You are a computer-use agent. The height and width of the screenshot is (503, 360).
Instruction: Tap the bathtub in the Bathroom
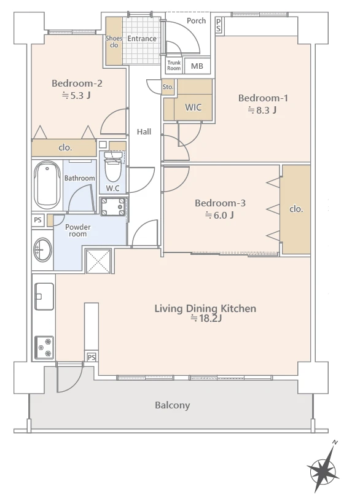point(47,185)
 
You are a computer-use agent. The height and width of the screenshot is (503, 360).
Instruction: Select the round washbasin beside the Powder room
point(42,249)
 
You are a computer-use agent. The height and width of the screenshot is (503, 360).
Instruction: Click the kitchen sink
point(44,296)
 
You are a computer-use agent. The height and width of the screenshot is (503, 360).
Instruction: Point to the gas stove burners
point(44,347)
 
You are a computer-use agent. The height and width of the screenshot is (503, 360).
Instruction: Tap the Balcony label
point(172,405)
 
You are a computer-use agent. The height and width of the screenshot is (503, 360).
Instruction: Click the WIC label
point(193,107)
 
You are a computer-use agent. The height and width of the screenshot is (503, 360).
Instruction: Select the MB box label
point(197,66)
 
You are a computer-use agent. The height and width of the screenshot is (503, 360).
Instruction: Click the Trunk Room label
point(174,66)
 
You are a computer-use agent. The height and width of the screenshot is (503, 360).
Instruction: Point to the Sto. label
point(168,87)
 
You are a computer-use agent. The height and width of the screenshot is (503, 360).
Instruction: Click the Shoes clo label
point(114,42)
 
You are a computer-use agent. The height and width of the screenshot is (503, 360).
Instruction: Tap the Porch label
point(196,21)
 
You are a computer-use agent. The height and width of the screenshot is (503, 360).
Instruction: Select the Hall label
point(144,131)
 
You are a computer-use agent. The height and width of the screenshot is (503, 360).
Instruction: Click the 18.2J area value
point(206,319)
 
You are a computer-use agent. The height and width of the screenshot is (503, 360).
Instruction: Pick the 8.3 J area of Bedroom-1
point(262,110)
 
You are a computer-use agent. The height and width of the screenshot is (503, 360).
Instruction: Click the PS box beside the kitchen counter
point(92,357)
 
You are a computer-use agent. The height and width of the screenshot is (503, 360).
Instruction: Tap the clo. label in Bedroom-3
point(296,209)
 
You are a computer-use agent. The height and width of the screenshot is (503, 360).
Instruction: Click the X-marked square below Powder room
point(98,261)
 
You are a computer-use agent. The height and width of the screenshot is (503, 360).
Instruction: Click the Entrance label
point(142,39)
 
